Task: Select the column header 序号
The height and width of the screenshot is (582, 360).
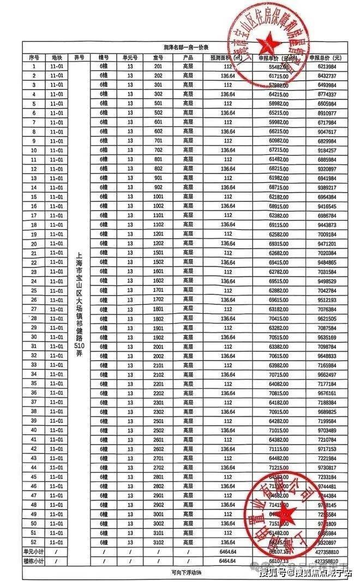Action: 34,57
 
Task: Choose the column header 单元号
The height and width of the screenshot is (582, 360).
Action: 130,57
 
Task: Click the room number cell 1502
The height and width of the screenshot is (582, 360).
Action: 158,262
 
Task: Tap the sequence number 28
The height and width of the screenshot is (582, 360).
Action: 34,318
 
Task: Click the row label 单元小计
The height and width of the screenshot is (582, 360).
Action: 34,552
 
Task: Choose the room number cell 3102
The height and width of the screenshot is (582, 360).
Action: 158,542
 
